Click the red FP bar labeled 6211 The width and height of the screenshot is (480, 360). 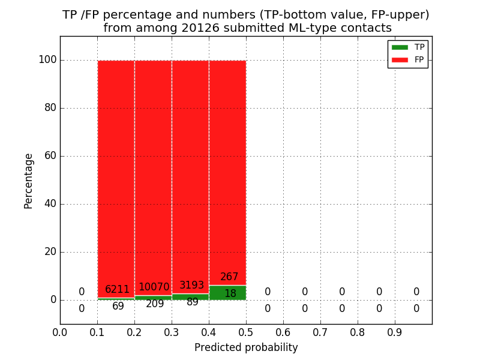(x=116, y=174)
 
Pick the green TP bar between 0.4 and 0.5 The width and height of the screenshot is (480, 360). (x=227, y=293)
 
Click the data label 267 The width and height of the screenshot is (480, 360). (x=229, y=277)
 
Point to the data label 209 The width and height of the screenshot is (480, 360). (x=155, y=304)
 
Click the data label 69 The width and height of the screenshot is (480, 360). (x=118, y=307)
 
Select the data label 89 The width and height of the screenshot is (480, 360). (x=193, y=302)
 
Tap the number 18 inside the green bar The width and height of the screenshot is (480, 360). (x=230, y=294)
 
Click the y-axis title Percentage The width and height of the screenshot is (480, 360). (x=28, y=181)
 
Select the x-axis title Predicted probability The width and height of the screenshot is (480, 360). (x=246, y=347)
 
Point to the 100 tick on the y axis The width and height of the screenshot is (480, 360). (x=47, y=60)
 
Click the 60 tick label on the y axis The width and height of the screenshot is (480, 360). (x=50, y=156)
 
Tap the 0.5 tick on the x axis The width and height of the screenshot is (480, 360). (x=246, y=332)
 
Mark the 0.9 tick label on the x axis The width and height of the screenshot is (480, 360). (x=395, y=332)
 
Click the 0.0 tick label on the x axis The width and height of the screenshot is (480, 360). (x=60, y=332)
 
